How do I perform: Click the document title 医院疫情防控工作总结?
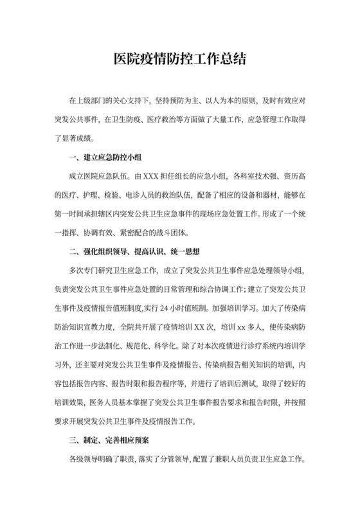(179, 59)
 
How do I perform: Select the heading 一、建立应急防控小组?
(97, 157)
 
